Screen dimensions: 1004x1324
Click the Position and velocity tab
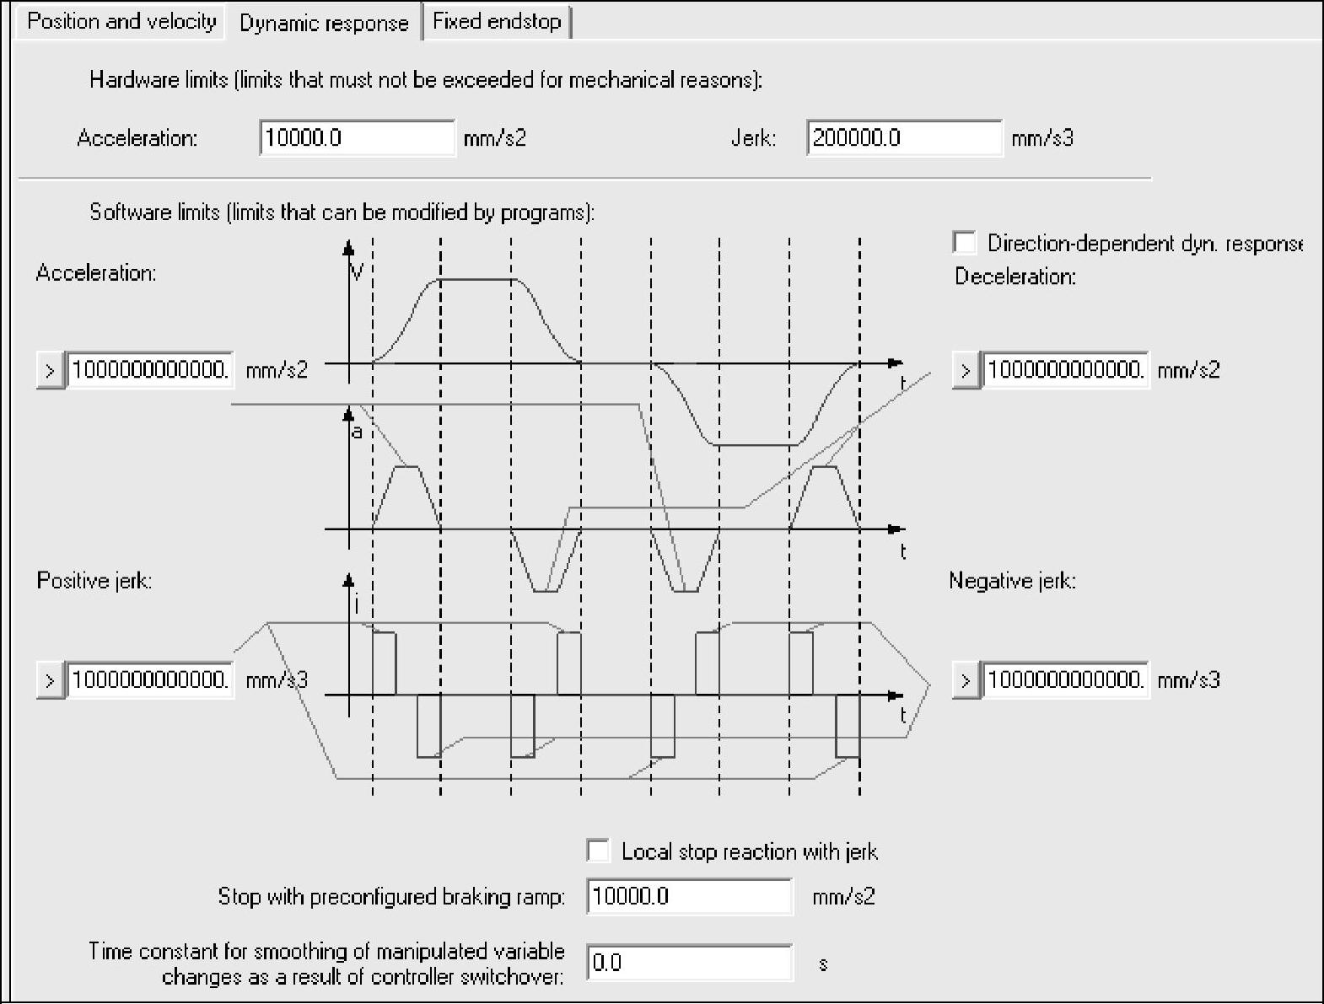(121, 21)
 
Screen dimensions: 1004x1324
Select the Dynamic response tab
(324, 23)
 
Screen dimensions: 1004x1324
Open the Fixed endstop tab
(497, 21)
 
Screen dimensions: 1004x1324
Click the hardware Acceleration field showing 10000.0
(357, 137)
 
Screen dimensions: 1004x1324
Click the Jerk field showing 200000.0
(904, 137)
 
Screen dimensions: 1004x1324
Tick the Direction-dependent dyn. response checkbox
(965, 243)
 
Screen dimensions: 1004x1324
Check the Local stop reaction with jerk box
(598, 851)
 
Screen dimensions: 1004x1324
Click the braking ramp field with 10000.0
(689, 895)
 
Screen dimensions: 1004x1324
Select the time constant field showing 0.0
(689, 962)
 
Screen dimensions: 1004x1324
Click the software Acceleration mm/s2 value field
(149, 369)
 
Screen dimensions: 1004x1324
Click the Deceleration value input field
(1065, 369)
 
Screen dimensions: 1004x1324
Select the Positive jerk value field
(149, 679)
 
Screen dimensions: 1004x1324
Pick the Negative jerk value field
(1065, 679)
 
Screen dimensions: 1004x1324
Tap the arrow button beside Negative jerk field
(966, 680)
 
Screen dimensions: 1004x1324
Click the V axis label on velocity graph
(358, 271)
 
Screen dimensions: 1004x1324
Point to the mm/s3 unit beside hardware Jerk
(1042, 138)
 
